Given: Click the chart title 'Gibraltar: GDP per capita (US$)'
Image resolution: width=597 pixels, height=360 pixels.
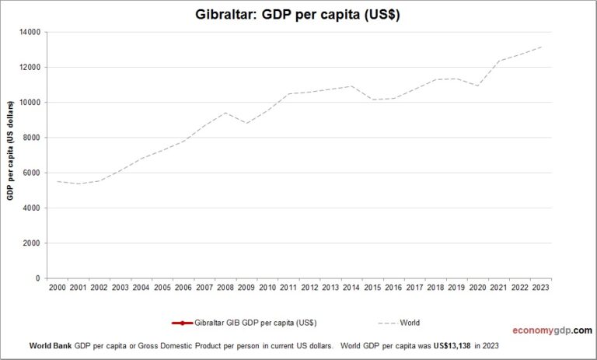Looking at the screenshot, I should tap(298, 15).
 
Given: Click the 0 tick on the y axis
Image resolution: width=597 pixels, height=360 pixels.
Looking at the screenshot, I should tap(39, 278).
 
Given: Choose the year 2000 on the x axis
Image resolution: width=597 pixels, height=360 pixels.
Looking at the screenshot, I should tap(58, 288).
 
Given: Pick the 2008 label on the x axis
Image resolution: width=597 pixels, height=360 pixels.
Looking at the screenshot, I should tap(225, 288).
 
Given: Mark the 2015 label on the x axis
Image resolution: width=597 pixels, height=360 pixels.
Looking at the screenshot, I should tap(373, 288).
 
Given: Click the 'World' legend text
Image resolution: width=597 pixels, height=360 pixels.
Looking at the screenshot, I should tap(410, 323).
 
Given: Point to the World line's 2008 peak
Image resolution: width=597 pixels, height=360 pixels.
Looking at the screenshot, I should tap(225, 113).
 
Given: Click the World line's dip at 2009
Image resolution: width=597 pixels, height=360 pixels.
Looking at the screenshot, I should tap(246, 123).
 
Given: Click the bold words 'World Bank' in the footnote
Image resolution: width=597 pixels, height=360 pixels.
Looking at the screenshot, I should tap(50, 344).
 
